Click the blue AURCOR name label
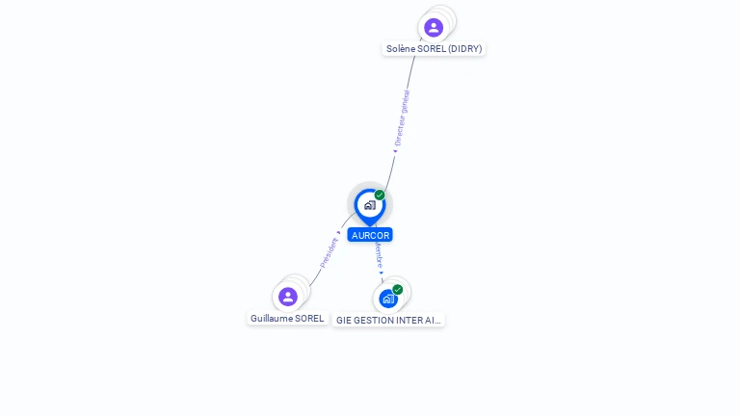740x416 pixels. coord(370,235)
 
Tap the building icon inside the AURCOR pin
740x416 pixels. coord(369,205)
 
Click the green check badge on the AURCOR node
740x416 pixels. coord(380,195)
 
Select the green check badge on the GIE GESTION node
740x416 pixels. coord(397,290)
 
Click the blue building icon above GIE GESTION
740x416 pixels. coord(387,299)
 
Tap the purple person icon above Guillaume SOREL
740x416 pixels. coord(287,297)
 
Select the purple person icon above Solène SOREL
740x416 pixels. coord(434,27)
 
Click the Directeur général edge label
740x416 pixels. coord(403,117)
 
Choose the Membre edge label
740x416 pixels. coord(379,255)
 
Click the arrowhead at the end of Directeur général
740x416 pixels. coord(395,150)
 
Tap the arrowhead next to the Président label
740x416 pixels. coord(338,232)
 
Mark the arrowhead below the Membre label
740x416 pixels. coord(382,273)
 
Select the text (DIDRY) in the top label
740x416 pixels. coord(464,48)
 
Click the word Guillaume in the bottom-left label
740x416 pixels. coord(272,319)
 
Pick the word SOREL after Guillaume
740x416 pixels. coord(310,319)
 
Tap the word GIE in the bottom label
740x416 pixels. coord(343,320)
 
